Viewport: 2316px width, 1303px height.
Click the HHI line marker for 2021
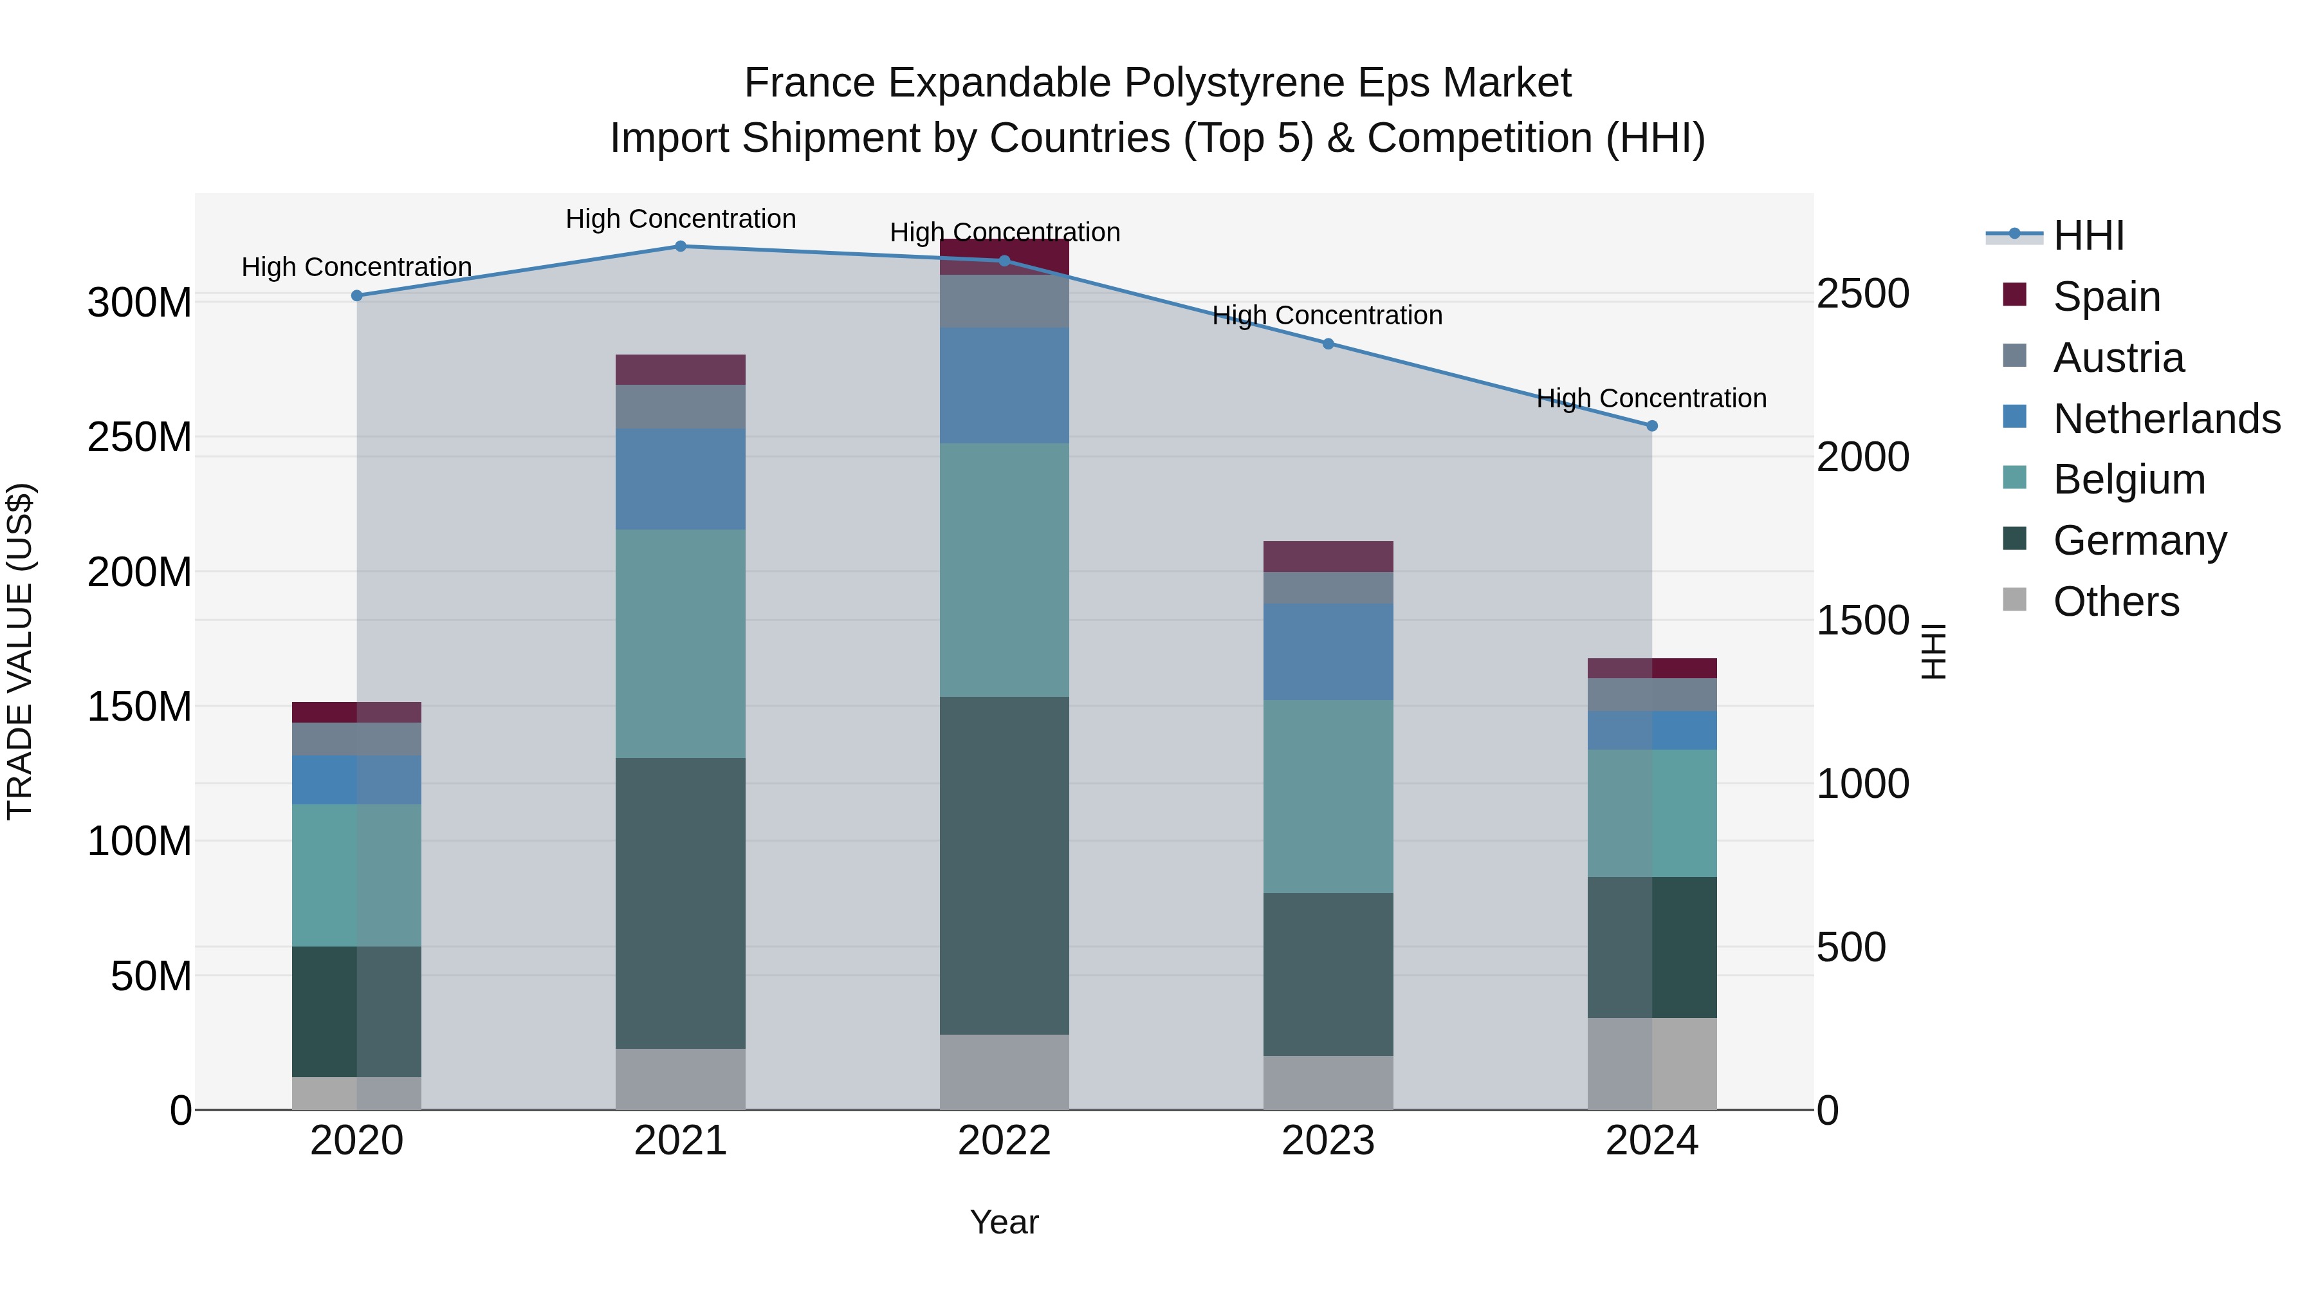(681, 246)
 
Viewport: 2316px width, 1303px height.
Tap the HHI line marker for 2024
(1651, 426)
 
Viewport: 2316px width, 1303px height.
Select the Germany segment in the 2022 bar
(1004, 865)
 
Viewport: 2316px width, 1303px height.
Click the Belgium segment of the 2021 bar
(681, 643)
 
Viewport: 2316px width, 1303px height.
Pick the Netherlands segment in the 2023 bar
(1328, 651)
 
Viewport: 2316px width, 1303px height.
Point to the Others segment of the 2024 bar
(1651, 1063)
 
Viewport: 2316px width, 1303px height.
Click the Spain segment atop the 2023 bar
(1328, 557)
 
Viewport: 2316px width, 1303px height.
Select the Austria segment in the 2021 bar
(681, 407)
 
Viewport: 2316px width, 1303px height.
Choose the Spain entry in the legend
(2106, 296)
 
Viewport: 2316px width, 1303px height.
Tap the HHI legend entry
(2088, 236)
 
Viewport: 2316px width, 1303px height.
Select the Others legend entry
(2115, 601)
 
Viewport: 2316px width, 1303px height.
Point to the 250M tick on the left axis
(140, 437)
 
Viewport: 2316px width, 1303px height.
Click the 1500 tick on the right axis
(1862, 620)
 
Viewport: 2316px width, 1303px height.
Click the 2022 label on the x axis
(1004, 1141)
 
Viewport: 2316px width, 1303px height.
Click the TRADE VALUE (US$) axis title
(20, 651)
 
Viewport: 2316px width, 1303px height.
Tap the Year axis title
(1004, 1222)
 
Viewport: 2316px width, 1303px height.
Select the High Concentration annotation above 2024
(1651, 398)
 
